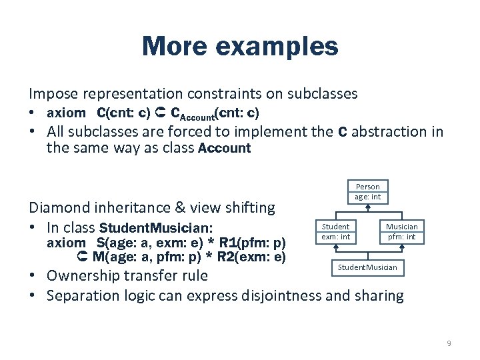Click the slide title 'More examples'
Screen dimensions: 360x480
click(x=240, y=47)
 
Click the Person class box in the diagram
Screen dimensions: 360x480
click(x=367, y=191)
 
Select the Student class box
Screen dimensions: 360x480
click(x=335, y=231)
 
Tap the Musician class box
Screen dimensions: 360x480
click(x=401, y=231)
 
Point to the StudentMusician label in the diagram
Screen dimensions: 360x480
click(x=367, y=267)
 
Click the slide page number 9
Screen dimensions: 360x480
click(x=449, y=343)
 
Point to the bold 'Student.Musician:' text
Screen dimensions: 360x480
click(x=155, y=227)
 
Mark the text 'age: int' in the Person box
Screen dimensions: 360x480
click(x=367, y=197)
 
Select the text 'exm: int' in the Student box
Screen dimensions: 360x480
click(x=335, y=237)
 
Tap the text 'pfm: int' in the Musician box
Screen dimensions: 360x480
click(x=401, y=237)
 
